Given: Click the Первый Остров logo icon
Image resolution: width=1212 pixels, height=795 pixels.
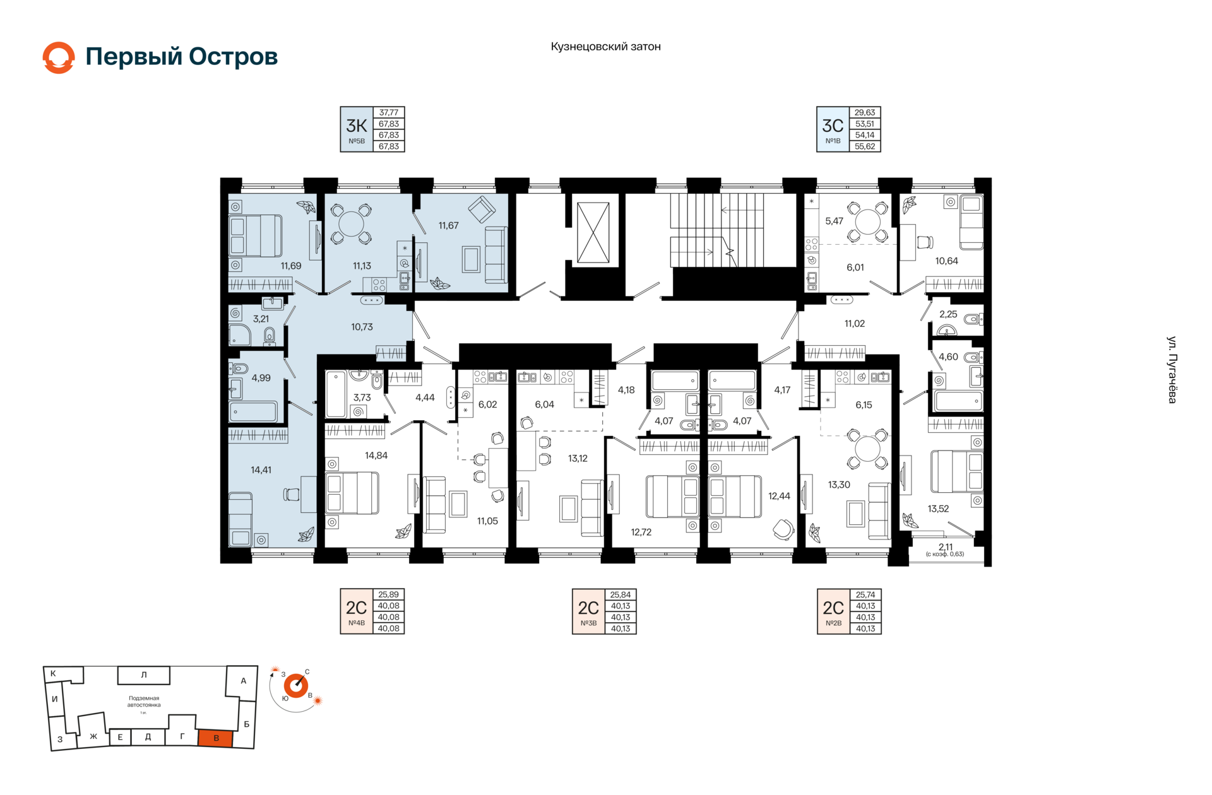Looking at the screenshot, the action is point(59,57).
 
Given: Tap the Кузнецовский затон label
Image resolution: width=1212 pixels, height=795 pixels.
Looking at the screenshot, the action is point(605,47).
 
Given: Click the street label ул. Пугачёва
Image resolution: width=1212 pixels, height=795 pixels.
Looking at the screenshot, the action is point(1172,370).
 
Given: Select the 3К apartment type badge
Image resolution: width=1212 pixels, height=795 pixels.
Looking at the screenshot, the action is point(357,129).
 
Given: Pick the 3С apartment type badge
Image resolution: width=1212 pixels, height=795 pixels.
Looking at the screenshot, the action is point(833,129).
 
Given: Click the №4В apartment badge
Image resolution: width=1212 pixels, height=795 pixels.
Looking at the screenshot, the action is point(356,611).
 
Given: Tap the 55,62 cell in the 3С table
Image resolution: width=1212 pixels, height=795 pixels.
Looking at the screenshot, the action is point(865,146).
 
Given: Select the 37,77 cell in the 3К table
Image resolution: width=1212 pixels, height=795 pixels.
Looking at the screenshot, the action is point(389,113).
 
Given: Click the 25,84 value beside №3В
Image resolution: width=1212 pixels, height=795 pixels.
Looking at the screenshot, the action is point(621,595).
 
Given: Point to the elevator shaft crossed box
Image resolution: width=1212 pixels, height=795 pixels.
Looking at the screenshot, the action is point(593,232).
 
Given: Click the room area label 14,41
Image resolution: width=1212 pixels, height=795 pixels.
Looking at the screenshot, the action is point(261,470).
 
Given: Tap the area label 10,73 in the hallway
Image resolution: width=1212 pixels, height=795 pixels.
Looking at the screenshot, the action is point(362,327).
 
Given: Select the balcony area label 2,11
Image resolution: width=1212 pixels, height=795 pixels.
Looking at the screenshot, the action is point(945,547).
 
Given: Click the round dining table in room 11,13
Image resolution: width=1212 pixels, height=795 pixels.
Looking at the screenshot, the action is point(351,224).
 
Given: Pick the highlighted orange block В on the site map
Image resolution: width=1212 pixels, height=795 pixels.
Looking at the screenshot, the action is point(216,738).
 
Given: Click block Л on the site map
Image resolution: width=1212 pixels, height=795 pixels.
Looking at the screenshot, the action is point(144,675).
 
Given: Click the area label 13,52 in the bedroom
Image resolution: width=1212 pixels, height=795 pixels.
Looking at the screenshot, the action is point(938,509).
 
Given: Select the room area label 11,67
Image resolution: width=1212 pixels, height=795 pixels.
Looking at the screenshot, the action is point(448,226).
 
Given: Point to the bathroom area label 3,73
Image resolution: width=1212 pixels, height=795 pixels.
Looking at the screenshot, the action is point(362,398).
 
